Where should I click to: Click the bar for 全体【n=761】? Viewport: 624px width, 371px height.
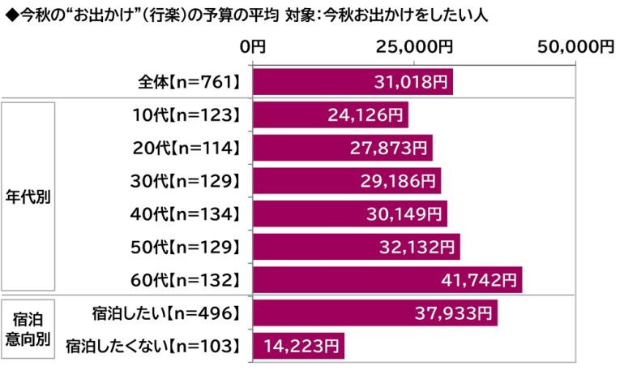point(353,82)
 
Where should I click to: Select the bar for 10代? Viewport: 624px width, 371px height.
point(330,115)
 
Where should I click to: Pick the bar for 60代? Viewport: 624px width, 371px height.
point(387,281)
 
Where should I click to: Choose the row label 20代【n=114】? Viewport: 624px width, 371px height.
point(186,149)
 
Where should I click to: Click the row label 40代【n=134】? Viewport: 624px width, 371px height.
point(186,215)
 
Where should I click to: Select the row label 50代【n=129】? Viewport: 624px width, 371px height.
point(186,248)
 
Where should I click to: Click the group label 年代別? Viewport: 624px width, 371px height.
point(28,199)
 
